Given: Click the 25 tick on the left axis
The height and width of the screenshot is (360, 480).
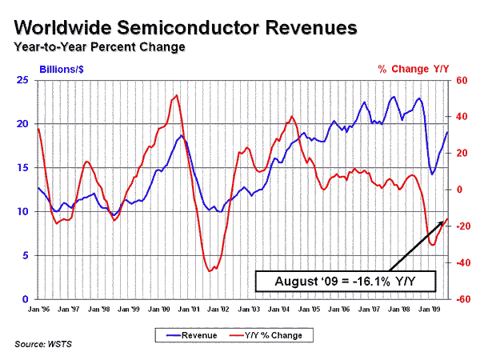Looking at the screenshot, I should [23, 80].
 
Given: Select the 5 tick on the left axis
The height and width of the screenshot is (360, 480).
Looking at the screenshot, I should [26, 255].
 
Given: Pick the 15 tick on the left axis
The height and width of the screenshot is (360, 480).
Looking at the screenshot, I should [23, 168].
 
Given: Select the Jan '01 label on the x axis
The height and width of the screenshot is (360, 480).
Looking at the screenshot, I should [191, 308].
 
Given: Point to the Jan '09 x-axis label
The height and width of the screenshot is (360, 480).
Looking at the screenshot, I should [432, 308].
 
